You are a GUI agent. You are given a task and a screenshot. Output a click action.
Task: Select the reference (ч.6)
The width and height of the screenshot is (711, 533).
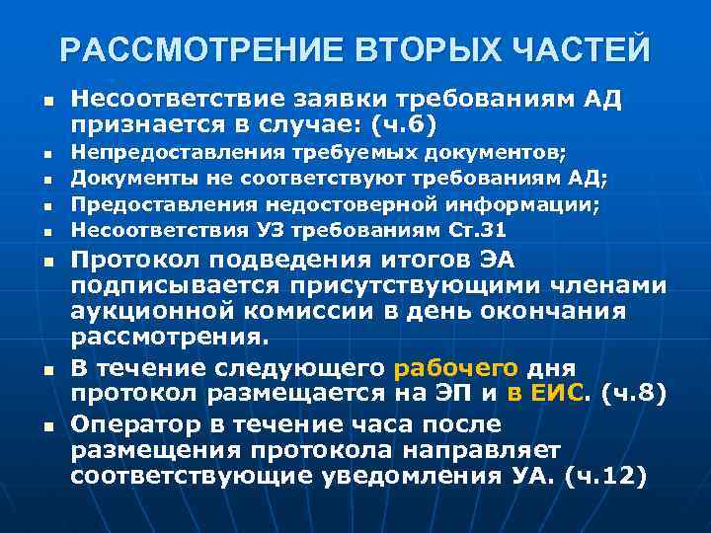point(400,126)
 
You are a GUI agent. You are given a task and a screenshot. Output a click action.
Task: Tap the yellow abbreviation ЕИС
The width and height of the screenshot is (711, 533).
point(573,394)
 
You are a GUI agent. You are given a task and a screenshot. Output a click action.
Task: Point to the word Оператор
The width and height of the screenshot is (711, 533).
point(130,424)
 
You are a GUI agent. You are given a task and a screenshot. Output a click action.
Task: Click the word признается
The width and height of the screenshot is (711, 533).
point(147,126)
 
